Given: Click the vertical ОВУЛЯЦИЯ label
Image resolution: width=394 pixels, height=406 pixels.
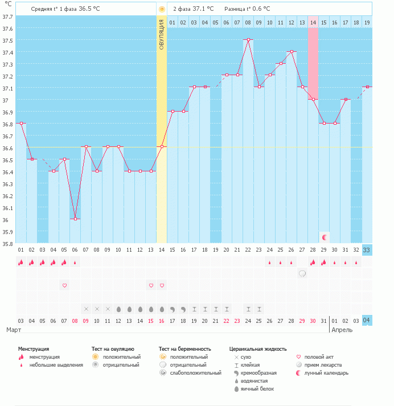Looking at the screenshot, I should pyautogui.click(x=162, y=34).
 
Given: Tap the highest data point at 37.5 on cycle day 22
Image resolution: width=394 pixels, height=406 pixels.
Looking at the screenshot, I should pyautogui.click(x=248, y=40).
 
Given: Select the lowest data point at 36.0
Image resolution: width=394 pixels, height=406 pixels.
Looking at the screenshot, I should pyautogui.click(x=75, y=219).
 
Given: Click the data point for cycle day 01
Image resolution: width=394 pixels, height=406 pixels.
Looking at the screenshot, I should pyautogui.click(x=21, y=123).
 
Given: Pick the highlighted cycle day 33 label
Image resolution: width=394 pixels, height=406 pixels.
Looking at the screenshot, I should pyautogui.click(x=367, y=249).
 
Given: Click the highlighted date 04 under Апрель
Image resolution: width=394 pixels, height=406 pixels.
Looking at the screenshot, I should pyautogui.click(x=367, y=321).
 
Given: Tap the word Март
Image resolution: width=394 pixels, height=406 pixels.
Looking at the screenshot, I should pyautogui.click(x=14, y=330).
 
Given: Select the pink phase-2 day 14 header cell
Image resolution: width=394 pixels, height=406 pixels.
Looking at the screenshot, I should pyautogui.click(x=313, y=22).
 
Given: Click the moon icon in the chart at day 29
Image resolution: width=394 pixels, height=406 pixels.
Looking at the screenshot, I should pyautogui.click(x=324, y=237).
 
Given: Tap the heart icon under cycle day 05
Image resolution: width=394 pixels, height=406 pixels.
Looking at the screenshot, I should pyautogui.click(x=64, y=285).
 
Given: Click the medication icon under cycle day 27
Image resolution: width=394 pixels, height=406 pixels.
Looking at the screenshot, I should pyautogui.click(x=302, y=273).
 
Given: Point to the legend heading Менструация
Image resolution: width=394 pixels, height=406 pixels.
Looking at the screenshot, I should pyautogui.click(x=33, y=348).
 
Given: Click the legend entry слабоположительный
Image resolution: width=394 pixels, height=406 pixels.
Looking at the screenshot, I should pyautogui.click(x=198, y=373).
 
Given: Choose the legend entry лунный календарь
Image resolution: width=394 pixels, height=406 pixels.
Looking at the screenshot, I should pyautogui.click(x=326, y=373).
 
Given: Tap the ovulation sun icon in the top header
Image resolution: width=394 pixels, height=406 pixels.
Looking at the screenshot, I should pyautogui.click(x=162, y=9).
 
